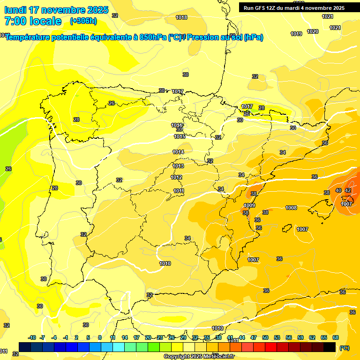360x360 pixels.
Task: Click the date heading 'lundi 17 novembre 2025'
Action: click(56, 10)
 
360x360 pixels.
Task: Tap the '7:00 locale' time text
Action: click(33, 21)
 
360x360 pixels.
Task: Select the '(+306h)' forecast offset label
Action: click(83, 21)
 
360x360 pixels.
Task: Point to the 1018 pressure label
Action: click(181, 18)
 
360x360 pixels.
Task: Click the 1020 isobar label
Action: click(313, 31)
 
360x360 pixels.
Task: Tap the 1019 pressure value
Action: click(296, 34)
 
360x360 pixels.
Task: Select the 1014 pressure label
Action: click(179, 152)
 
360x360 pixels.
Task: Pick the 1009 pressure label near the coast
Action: click(249, 205)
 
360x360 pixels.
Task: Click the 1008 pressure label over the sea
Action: click(291, 208)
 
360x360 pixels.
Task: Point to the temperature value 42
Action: click(348, 190)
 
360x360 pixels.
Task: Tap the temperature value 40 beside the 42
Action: click(338, 190)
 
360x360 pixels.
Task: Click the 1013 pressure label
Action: click(178, 166)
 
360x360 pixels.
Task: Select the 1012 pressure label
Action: click(176, 177)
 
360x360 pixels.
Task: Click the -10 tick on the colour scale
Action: click(32, 337)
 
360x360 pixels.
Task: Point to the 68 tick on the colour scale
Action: click(336, 337)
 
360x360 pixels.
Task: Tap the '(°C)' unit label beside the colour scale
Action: click(345, 348)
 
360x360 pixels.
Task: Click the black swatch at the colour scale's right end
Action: click(330, 347)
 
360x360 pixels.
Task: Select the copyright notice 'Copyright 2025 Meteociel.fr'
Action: click(199, 356)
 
